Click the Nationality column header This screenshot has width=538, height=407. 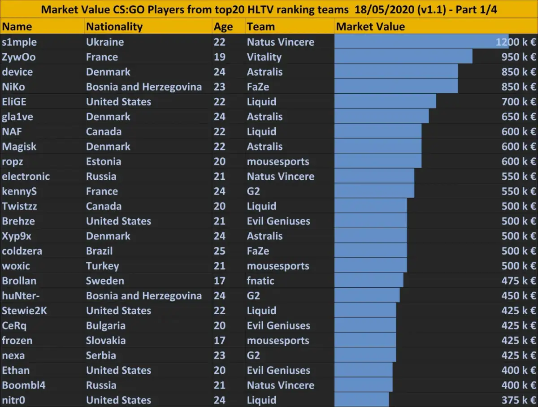114,27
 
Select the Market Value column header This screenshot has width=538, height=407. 370,27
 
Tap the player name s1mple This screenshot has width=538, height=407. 19,42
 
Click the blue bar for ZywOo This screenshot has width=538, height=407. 403,57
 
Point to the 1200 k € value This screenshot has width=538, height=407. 516,42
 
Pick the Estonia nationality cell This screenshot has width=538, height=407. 104,161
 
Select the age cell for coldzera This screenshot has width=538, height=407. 220,251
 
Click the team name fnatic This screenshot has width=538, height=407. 260,281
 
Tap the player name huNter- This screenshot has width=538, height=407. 20,296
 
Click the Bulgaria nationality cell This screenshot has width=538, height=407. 106,326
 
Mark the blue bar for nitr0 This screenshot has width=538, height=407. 361,400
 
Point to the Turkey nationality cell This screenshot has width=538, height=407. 103,266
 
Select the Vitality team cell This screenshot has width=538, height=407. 264,57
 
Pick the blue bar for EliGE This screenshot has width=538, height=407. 385,102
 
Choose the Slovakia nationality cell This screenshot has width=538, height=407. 106,341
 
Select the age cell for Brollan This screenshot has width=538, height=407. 220,281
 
